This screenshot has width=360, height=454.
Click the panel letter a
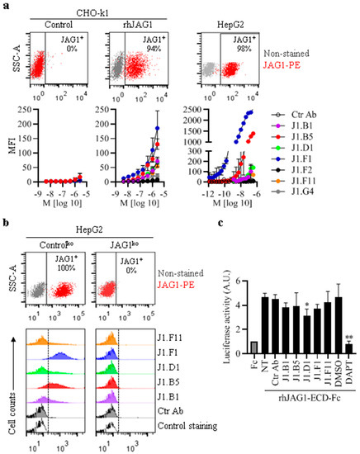[x=6, y=6]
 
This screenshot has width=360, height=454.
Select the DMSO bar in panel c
[x=339, y=318]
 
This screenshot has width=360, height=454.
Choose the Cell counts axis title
[x=8, y=402]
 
